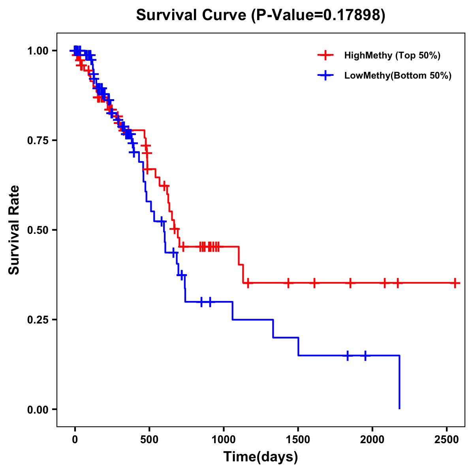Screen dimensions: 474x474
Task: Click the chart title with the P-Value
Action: coord(261,15)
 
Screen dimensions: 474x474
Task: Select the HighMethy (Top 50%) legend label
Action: coord(392,55)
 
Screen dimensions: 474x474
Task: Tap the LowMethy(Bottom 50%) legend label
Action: coord(398,75)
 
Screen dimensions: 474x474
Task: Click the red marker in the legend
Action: coord(325,55)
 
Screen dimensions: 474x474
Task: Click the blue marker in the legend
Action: coord(325,75)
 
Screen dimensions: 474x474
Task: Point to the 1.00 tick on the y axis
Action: coord(38,51)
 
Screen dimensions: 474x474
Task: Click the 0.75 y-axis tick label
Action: coord(38,141)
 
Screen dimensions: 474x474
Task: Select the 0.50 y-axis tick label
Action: coord(38,230)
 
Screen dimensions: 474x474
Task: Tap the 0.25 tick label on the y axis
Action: coord(38,320)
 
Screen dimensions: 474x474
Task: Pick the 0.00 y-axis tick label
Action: coord(38,410)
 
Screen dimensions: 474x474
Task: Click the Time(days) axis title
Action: coord(261,457)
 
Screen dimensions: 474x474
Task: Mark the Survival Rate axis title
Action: coord(14,230)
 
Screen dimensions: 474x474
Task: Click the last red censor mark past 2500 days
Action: coord(455,283)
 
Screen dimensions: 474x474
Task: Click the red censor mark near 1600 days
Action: coord(314,283)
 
